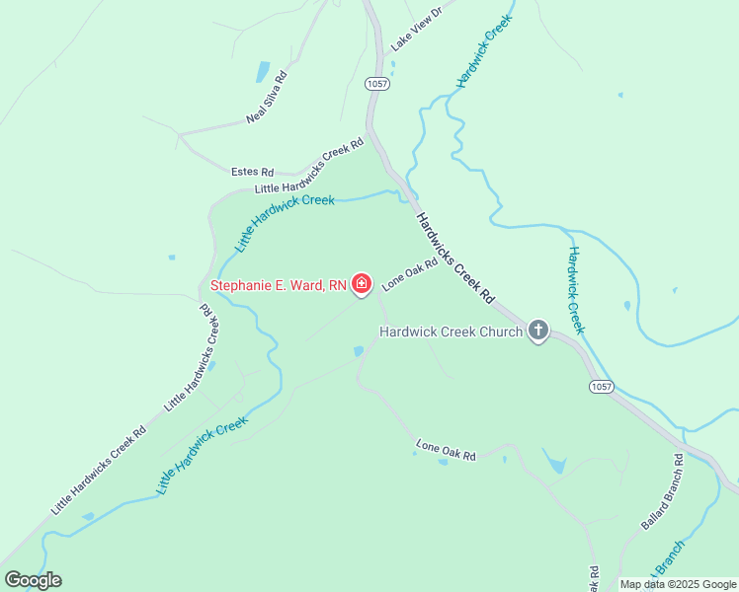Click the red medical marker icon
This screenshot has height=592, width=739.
(362, 285)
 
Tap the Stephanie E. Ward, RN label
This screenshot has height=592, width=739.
(279, 286)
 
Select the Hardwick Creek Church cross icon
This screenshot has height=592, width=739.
(538, 331)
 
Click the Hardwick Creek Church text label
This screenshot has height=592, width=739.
(452, 332)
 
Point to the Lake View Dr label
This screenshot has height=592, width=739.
(414, 27)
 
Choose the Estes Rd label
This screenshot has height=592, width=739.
(252, 172)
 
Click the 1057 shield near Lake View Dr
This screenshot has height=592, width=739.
(375, 84)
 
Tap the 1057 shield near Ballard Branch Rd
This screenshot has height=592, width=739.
(602, 386)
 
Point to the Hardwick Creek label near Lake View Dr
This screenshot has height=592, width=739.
(484, 51)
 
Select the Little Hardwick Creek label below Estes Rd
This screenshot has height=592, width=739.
(286, 221)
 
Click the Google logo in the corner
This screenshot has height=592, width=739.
(33, 580)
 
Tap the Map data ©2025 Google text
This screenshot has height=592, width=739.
(678, 584)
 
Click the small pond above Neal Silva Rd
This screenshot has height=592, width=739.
(263, 72)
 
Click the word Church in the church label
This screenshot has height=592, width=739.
(500, 332)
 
